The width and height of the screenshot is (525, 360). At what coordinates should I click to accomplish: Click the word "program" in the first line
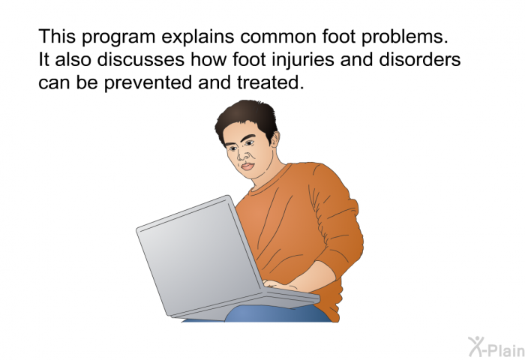[118, 37]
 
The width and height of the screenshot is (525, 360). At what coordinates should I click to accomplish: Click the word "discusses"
[141, 59]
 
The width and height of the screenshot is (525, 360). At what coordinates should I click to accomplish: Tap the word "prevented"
[148, 83]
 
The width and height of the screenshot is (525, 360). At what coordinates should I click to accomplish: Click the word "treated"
[271, 82]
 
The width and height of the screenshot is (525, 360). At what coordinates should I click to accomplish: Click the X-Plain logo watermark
[496, 347]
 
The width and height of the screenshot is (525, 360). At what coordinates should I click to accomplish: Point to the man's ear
[274, 140]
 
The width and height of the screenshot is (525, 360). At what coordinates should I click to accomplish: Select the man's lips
[247, 166]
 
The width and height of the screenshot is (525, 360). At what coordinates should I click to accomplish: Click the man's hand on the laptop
[280, 285]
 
